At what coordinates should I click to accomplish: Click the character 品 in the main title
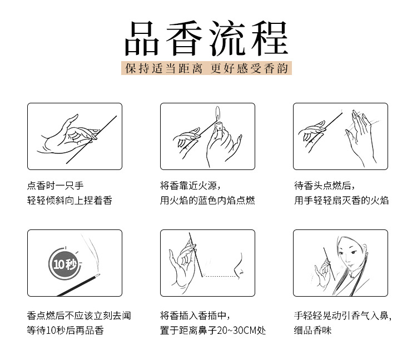pos(142,39)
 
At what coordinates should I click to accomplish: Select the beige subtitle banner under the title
pos(206,68)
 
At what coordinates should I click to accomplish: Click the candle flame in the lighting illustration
pos(218,113)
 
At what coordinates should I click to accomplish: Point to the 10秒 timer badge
pos(64,264)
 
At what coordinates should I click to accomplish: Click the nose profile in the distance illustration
pos(239,266)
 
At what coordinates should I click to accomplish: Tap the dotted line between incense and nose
pos(220,277)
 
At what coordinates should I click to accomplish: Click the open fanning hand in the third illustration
pos(360,136)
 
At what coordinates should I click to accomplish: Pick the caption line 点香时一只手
pos(55,185)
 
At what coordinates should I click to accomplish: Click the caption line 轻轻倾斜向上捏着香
pos(69,200)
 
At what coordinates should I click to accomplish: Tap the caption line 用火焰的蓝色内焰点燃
pos(207,200)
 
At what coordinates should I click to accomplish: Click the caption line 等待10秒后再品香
pos(65,330)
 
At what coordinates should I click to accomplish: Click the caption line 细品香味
pos(312,330)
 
